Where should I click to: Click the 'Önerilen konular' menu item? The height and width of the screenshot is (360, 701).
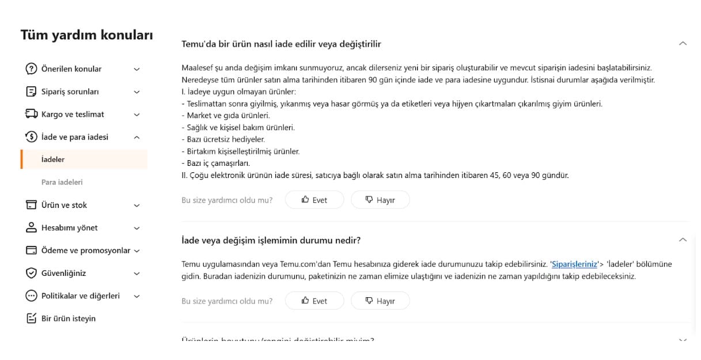(71, 69)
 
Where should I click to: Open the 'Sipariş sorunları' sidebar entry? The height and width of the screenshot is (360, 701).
(70, 92)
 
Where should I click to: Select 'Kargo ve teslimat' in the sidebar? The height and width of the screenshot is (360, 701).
(73, 115)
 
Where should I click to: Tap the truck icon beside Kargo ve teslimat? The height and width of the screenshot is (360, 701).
(31, 115)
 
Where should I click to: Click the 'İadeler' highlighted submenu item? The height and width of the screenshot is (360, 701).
(53, 160)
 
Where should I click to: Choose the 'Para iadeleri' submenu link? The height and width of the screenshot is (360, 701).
(62, 182)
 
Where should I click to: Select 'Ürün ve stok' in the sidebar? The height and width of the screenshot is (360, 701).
(64, 205)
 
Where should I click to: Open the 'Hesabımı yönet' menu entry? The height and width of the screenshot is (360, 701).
(69, 228)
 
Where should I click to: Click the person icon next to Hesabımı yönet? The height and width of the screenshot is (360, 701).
(31, 228)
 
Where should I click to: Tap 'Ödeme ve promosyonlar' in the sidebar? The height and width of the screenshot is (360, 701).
(86, 251)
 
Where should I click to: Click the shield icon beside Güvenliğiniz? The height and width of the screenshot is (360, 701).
(31, 273)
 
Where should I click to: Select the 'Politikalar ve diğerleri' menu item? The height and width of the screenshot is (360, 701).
(81, 296)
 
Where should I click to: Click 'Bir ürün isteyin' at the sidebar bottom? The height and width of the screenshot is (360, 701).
(69, 319)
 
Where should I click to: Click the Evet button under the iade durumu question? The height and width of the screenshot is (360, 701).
(314, 301)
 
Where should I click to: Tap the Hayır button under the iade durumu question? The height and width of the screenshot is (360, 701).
(380, 301)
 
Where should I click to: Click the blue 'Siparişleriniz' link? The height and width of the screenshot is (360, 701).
(574, 264)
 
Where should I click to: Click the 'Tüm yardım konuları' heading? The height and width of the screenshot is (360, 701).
(87, 35)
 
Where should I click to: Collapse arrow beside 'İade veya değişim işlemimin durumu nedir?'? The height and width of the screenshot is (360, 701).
(683, 240)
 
